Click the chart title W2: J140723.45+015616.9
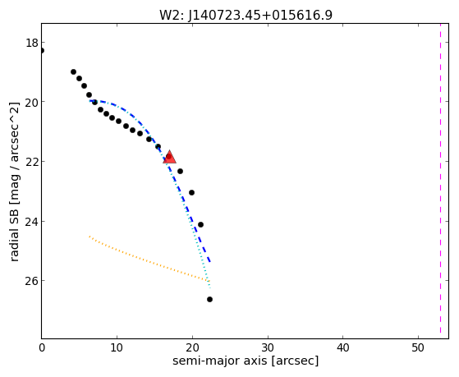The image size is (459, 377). tap(246, 16)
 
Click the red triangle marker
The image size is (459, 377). tap(169, 157)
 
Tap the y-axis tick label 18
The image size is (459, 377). tap(32, 43)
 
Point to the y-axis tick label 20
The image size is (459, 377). tap(32, 102)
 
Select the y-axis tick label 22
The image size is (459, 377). tap(32, 162)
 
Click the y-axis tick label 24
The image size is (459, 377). tap(32, 222)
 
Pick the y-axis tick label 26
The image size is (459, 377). tap(32, 281)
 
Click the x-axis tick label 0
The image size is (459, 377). tap(42, 347)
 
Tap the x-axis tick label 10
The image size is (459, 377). tap(117, 347)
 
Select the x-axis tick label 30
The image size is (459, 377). tap(268, 347)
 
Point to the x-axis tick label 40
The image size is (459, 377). tap(342, 347)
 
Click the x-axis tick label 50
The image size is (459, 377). tap(418, 347)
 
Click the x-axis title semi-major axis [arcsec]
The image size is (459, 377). tap(246, 361)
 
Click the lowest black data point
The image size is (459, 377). tap(209, 299)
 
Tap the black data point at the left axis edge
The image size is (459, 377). tap(42, 50)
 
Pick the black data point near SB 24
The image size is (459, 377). tap(200, 225)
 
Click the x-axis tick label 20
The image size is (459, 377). tap(192, 347)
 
